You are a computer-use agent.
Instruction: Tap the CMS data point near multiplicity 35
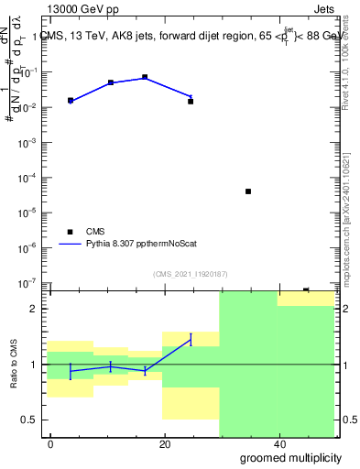coord(248,191)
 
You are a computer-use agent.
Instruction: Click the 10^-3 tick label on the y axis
coord(28,143)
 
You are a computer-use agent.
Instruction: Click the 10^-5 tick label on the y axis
coord(28,213)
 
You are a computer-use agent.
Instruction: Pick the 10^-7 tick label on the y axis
coord(28,282)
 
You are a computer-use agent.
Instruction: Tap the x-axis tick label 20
coord(165,444)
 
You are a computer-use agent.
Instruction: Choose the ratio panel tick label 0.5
coord(31,420)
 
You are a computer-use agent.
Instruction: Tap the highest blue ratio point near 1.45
coord(191,339)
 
